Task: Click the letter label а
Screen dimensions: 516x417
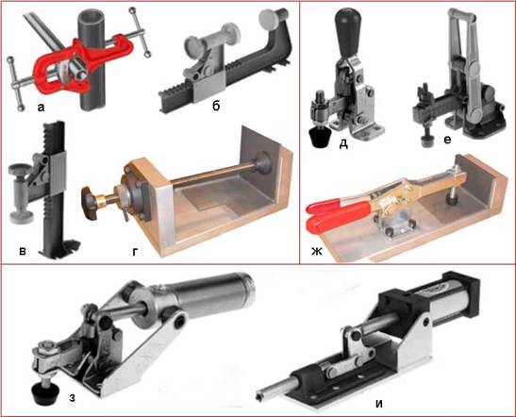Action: pyautogui.click(x=41, y=108)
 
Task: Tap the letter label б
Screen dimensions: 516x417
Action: pyautogui.click(x=216, y=106)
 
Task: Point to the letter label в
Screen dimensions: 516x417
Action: pyautogui.click(x=23, y=252)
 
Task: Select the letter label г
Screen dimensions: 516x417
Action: pyautogui.click(x=135, y=252)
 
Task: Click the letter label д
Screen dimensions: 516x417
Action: pyautogui.click(x=343, y=144)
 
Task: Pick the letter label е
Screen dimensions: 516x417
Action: pyautogui.click(x=447, y=141)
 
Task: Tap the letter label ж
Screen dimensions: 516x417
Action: pyautogui.click(x=317, y=252)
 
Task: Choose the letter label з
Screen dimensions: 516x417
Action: pyautogui.click(x=72, y=398)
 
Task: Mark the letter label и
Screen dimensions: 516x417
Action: pyautogui.click(x=379, y=404)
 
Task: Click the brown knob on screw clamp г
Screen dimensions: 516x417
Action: pyautogui.click(x=91, y=204)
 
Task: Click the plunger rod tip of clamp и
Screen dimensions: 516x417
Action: pyautogui.click(x=260, y=396)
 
